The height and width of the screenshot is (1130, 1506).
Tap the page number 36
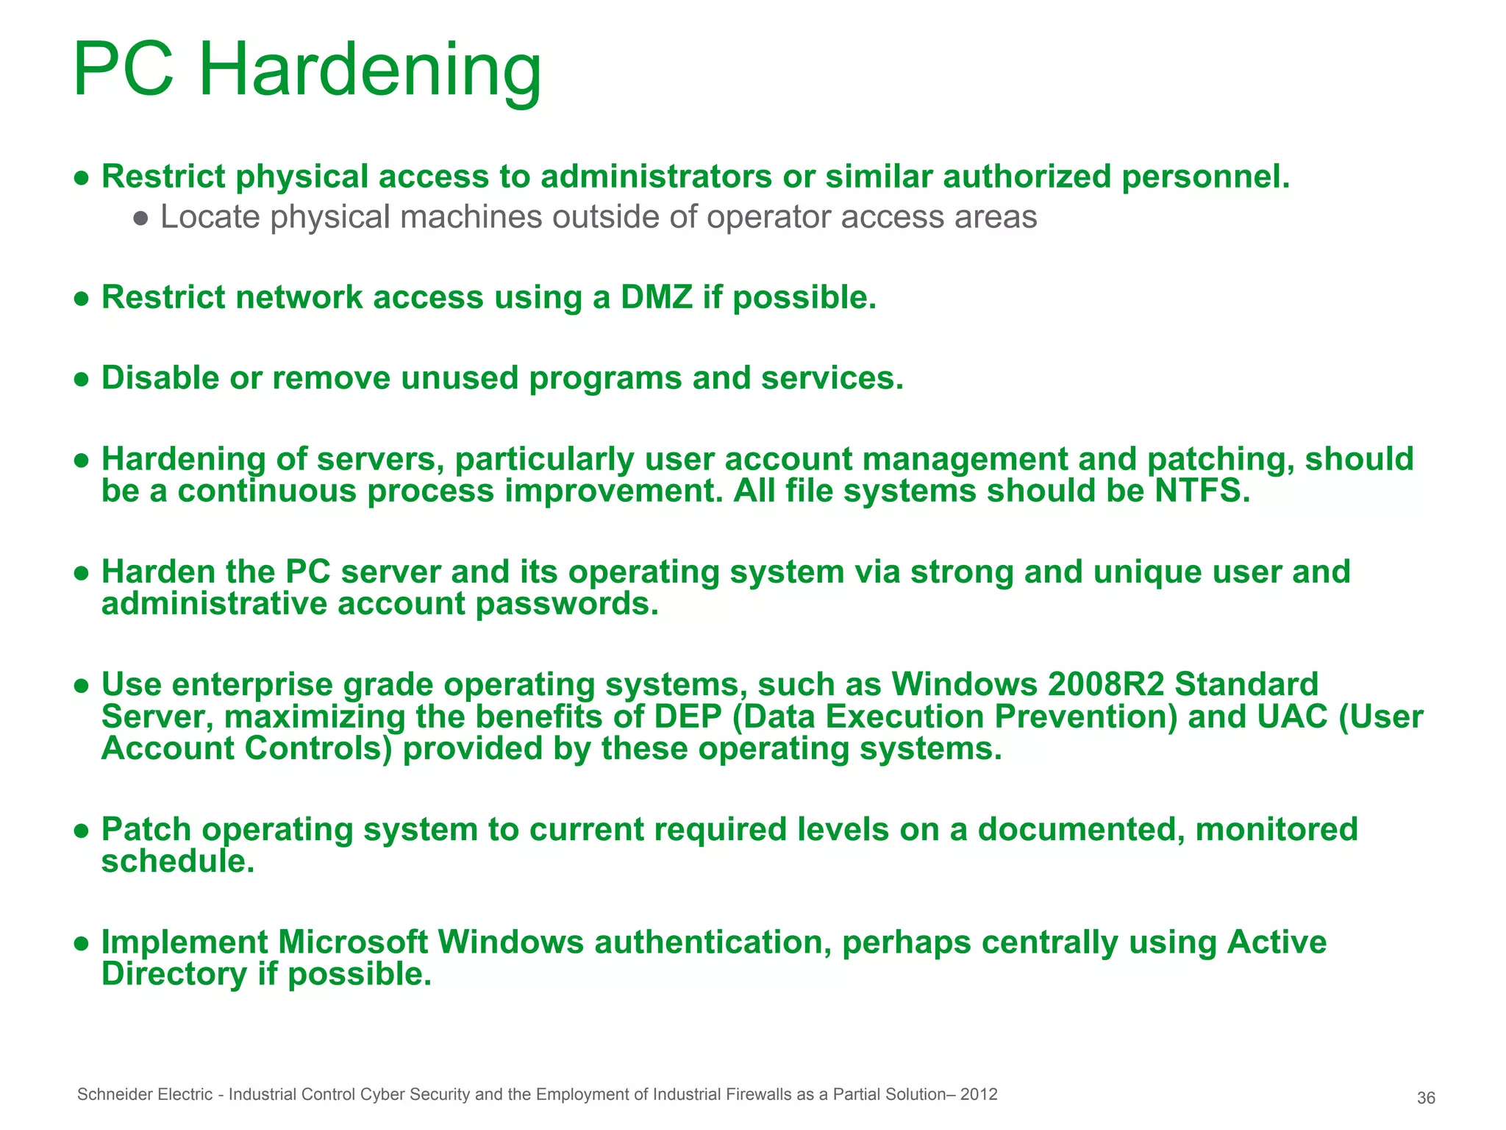1426,1098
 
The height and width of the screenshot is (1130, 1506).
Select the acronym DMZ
656,298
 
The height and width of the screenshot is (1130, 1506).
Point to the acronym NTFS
1199,491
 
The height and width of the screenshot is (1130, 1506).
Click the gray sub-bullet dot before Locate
143,218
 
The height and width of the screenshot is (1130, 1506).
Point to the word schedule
176,861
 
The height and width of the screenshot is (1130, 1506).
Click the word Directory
174,974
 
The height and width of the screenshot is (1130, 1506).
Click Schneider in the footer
114,1094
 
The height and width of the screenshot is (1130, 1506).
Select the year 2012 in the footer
979,1094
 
